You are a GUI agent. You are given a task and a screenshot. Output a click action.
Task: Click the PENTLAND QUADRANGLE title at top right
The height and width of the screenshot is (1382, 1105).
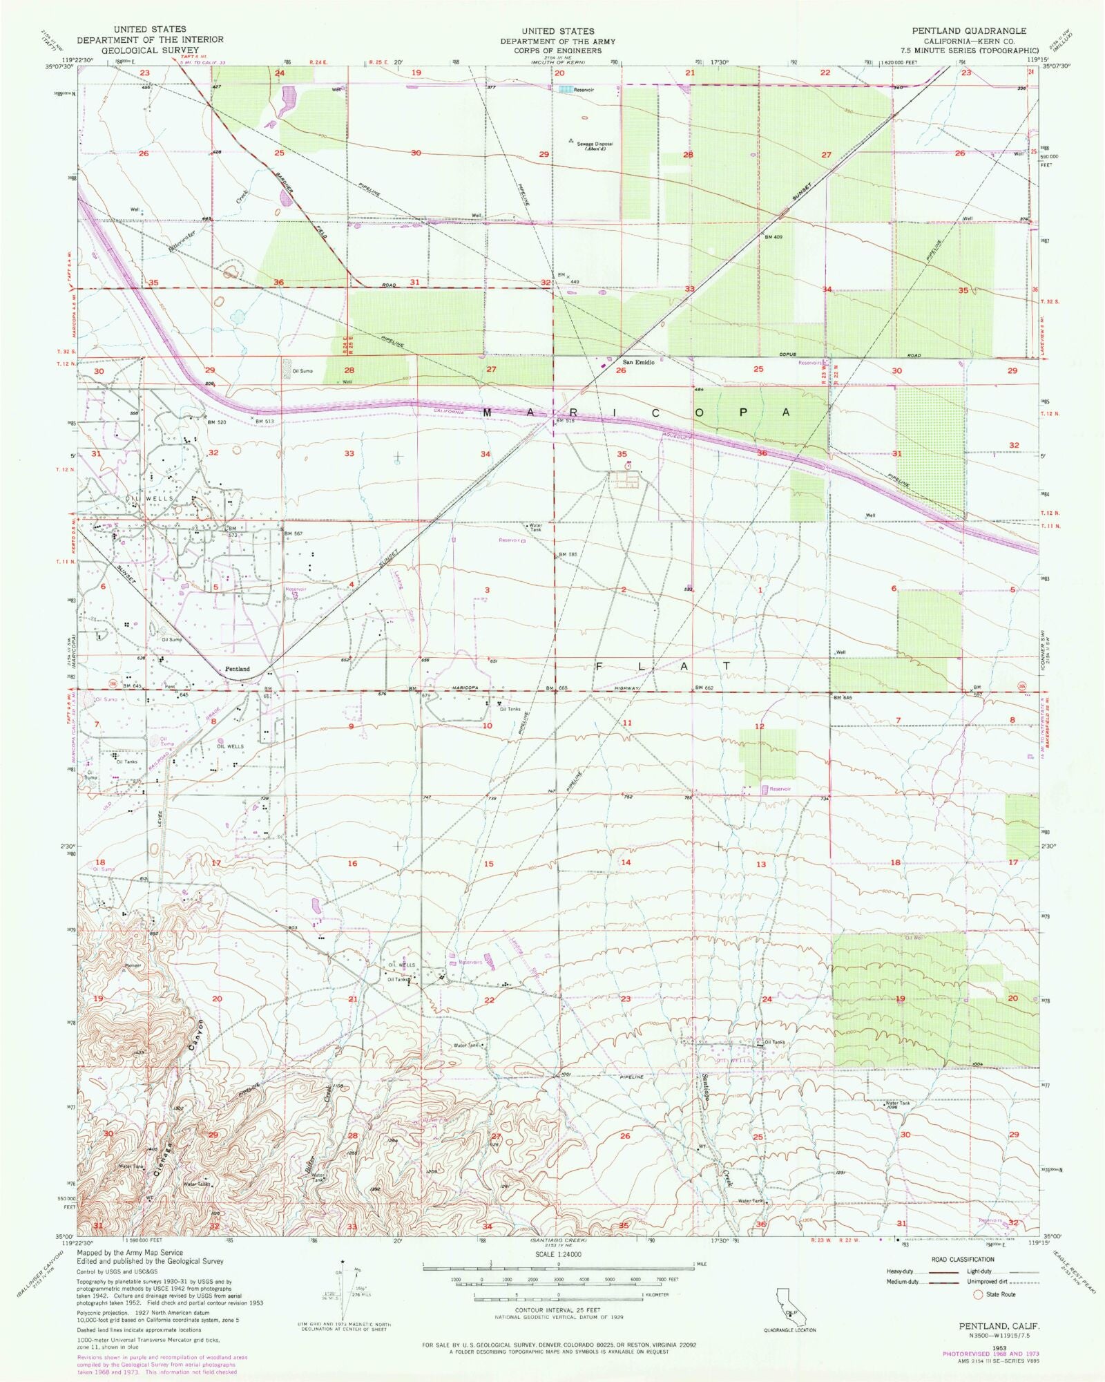[x=968, y=31]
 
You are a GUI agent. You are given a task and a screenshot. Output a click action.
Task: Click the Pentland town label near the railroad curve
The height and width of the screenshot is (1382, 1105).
[x=237, y=669]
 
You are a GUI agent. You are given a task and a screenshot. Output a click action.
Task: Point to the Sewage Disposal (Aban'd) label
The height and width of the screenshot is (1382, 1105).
[x=594, y=146]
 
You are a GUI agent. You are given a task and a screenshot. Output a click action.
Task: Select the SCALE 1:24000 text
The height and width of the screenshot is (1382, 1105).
[x=558, y=1254]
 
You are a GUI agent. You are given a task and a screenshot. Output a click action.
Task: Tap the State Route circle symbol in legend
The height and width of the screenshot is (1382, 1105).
[x=979, y=1294]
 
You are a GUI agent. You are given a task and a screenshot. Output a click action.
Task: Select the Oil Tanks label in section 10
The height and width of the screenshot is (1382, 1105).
[x=510, y=709]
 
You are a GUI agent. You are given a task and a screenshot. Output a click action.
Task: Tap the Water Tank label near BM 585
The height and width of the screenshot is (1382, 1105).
[x=535, y=527]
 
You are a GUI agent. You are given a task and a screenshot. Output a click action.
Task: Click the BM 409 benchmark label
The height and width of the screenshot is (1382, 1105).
[x=773, y=237]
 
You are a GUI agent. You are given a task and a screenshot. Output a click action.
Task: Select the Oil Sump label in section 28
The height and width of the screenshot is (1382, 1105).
[x=302, y=371]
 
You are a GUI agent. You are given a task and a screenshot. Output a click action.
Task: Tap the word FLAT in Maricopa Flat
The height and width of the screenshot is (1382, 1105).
[x=663, y=666]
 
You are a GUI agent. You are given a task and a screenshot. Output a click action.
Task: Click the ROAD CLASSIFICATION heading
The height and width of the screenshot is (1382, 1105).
[x=952, y=1260]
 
